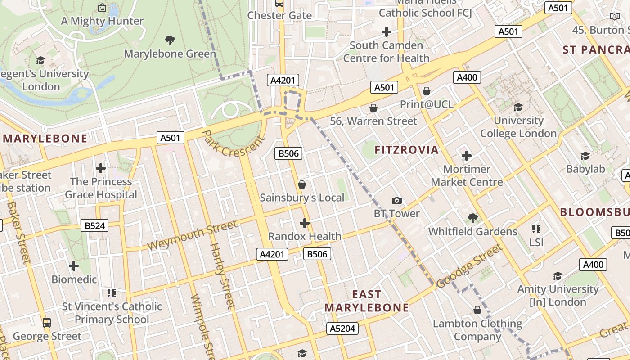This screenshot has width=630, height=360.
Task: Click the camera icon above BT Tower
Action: click(396, 200)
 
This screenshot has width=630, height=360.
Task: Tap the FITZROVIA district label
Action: click(406, 150)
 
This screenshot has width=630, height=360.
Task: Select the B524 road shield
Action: click(95, 225)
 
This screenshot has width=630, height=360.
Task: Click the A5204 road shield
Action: click(342, 328)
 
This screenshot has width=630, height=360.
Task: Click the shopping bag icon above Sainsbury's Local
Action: click(302, 184)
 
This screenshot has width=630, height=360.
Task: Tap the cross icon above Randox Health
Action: click(305, 223)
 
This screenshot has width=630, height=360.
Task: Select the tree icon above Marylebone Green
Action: click(170, 40)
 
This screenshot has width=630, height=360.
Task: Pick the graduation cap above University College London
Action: click(518, 107)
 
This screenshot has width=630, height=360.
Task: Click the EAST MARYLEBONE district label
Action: click(367, 301)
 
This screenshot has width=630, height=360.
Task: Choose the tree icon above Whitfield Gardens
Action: click(472, 218)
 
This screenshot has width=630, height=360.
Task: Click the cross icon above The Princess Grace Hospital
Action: click(101, 168)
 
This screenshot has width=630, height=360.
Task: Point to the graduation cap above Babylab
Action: click(585, 156)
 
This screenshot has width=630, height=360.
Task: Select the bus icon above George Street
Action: click(47, 322)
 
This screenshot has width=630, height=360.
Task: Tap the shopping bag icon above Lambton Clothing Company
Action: click(477, 310)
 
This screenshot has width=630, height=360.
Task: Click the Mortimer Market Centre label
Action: click(467, 175)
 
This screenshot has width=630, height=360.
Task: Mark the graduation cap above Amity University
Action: click(558, 276)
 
